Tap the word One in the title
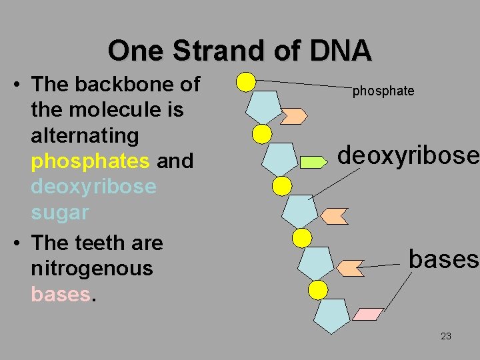pyautogui.click(x=135, y=51)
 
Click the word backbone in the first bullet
pyautogui.click(x=127, y=84)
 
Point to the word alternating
pyautogui.click(x=84, y=135)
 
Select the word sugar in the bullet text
pyautogui.click(x=59, y=213)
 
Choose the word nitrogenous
pyautogui.click(x=92, y=269)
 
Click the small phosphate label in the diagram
pyautogui.click(x=383, y=91)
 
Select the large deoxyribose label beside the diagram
pyautogui.click(x=408, y=155)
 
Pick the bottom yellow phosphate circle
pyautogui.click(x=318, y=289)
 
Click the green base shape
pyautogui.click(x=312, y=161)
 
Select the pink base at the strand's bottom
pyautogui.click(x=367, y=313)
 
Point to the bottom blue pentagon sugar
pyautogui.click(x=331, y=315)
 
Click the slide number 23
pyautogui.click(x=446, y=336)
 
